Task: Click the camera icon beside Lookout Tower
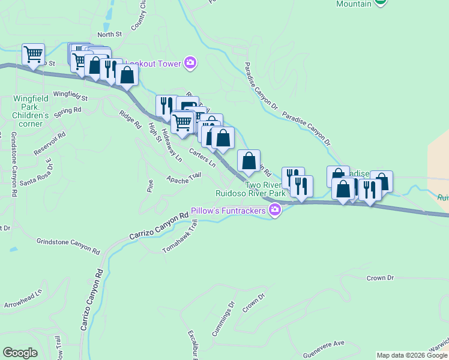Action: click(190, 62)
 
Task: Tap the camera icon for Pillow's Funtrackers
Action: click(275, 210)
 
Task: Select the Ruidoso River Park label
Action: click(251, 194)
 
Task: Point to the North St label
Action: click(109, 35)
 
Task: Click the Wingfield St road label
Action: click(70, 95)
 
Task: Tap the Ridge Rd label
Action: click(130, 121)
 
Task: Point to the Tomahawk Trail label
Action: click(180, 236)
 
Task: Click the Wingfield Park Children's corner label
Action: click(31, 111)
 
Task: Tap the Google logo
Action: click(20, 353)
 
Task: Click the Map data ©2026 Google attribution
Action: click(412, 355)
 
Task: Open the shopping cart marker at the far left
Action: click(34, 54)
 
